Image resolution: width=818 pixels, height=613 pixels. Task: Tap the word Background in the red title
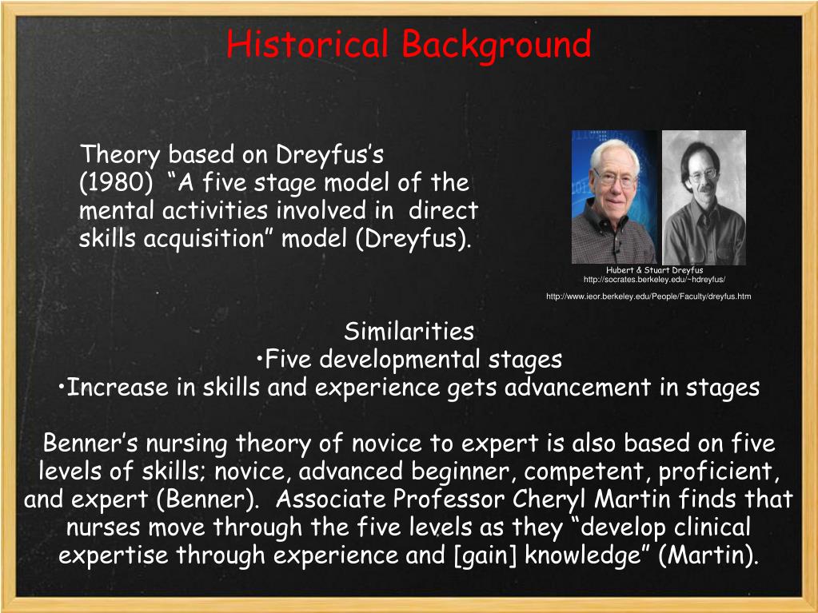tap(496, 44)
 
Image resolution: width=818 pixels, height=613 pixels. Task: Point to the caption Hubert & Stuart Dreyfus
tap(654, 270)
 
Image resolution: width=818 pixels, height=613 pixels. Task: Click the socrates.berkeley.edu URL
tap(654, 279)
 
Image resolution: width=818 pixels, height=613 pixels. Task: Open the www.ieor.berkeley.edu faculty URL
tap(648, 297)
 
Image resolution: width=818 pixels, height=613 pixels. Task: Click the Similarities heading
tap(409, 331)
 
